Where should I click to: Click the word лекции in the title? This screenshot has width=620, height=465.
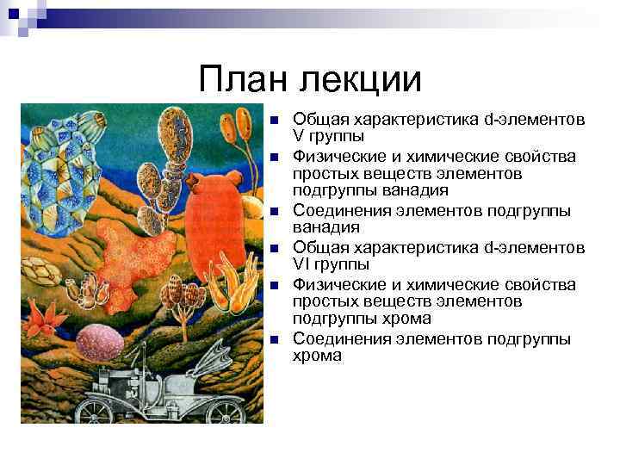click(361, 79)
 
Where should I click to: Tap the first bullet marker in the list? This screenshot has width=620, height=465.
click(273, 119)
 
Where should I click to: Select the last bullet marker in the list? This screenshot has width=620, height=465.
click(273, 339)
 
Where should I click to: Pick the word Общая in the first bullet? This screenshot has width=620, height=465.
click(315, 119)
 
